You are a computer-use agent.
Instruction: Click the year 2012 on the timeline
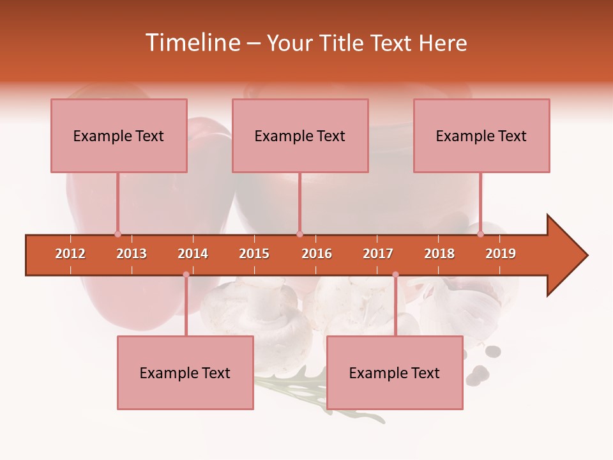click(x=70, y=254)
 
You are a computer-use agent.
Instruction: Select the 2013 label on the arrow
click(x=132, y=254)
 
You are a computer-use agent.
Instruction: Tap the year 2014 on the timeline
click(x=193, y=254)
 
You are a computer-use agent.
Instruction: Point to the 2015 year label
click(x=254, y=254)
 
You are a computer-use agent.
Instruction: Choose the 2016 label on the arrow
click(x=317, y=254)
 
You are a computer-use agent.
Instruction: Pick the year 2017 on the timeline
click(x=378, y=254)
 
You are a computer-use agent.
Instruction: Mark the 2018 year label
click(x=439, y=254)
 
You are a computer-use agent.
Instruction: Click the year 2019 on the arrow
click(x=501, y=254)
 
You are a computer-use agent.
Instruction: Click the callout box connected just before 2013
click(x=119, y=135)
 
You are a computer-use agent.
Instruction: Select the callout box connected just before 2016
click(x=300, y=135)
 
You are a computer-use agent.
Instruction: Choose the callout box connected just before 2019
click(x=481, y=135)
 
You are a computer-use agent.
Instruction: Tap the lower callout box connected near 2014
click(x=185, y=372)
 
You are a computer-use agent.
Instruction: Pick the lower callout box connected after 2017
click(x=395, y=372)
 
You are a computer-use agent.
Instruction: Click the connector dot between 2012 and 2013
click(x=117, y=234)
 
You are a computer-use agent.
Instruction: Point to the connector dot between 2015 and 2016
click(x=300, y=234)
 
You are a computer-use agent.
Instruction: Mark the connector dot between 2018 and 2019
click(x=481, y=234)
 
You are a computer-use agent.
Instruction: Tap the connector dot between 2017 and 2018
click(x=395, y=275)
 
